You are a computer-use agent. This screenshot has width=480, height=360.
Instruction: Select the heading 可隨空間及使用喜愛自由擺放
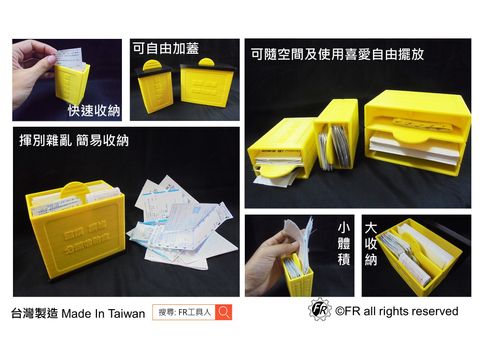[x=324, y=54]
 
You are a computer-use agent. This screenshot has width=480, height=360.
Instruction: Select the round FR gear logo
[x=319, y=311]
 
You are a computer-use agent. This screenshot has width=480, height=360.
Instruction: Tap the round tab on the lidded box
[x=152, y=66]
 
